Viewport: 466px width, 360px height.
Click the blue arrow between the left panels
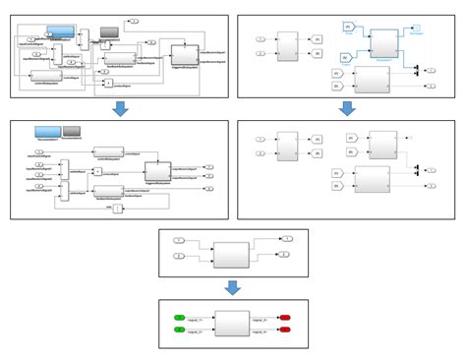(x=120, y=108)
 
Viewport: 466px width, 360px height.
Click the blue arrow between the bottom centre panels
(x=232, y=288)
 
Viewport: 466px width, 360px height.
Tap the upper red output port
(x=284, y=318)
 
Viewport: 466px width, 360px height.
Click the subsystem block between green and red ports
(x=232, y=324)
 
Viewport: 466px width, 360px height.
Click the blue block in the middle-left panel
(x=47, y=132)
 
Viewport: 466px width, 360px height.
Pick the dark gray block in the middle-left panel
(x=73, y=132)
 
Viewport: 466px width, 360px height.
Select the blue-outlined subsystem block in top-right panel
(x=382, y=41)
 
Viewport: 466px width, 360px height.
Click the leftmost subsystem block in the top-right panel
(x=287, y=44)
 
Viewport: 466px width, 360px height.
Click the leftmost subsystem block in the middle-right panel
(x=287, y=145)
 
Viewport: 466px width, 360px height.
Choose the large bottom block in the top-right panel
(x=373, y=81)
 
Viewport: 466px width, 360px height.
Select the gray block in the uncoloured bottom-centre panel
(x=232, y=253)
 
